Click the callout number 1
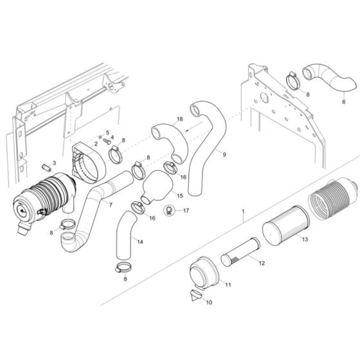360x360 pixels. coord(244,210)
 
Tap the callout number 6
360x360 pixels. coord(343,102)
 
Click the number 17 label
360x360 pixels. coord(186,210)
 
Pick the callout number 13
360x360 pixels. coord(305,239)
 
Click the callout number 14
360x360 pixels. coord(141,241)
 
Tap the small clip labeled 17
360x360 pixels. coord(168,208)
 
